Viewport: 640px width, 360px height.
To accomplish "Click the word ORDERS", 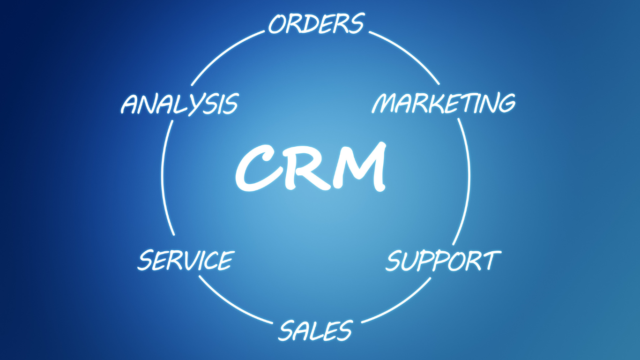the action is pos(317,23).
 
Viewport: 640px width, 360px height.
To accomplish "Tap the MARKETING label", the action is pos(444,103).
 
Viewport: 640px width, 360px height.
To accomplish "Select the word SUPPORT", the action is pos(443,261).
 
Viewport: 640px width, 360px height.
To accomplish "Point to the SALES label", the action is pos(316,330).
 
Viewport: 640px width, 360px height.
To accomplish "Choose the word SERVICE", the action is pos(186,260).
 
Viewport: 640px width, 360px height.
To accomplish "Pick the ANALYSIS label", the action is pos(180,104).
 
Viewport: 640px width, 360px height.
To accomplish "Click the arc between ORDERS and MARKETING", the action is pos(408,54).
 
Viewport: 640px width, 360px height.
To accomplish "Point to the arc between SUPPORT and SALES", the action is pos(400,304).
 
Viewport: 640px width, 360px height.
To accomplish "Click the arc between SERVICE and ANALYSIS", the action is pos(164,177).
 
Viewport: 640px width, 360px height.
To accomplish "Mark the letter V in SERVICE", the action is pos(195,260).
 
